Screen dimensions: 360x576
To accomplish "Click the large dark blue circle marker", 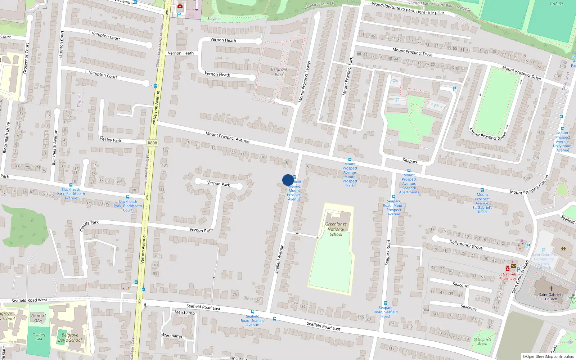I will click(x=288, y=180).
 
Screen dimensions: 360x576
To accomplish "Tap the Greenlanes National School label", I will click(x=336, y=229).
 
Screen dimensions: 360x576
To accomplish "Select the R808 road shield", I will click(x=152, y=143).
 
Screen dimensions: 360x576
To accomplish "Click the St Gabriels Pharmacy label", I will click(x=507, y=276).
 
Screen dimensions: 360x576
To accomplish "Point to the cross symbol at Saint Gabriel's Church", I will click(x=551, y=289).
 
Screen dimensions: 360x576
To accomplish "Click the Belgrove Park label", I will click(x=279, y=72).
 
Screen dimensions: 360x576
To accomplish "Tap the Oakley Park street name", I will click(x=111, y=139).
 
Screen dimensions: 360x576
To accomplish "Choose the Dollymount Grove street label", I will click(x=466, y=245).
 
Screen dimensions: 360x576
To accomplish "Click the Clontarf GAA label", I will click(x=38, y=318).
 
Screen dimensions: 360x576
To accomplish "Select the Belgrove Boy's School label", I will click(x=70, y=338).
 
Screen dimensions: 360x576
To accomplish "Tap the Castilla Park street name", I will click(x=89, y=225).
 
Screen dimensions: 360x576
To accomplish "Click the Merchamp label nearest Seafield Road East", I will click(x=185, y=313).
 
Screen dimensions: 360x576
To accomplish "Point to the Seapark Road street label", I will click(x=388, y=253).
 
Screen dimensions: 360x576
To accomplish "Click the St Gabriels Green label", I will click(x=482, y=341).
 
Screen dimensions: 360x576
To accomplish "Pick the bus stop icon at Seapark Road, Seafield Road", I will click(x=386, y=303).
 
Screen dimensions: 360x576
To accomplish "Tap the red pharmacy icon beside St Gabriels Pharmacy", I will click(x=508, y=269).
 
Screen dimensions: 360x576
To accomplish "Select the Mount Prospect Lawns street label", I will click(x=304, y=82).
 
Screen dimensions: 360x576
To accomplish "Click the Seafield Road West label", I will click(x=29, y=300).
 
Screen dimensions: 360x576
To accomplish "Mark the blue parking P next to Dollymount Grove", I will click(x=528, y=246).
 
